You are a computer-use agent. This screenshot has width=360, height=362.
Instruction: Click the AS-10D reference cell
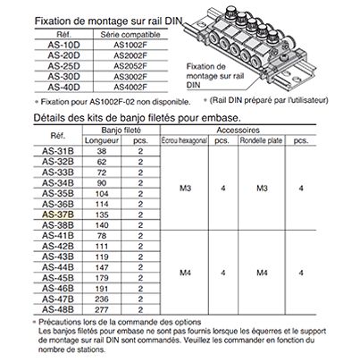coord(63,45)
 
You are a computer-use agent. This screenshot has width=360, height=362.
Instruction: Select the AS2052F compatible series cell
coord(130,66)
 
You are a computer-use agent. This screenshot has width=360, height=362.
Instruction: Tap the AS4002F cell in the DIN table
coord(130,87)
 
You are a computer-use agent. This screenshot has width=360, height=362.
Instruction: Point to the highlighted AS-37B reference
coord(58,215)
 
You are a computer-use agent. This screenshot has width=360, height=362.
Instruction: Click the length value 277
coord(102,310)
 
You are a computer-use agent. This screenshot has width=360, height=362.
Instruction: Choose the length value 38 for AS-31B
coord(102,151)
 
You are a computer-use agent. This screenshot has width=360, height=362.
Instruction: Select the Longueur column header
coord(102,140)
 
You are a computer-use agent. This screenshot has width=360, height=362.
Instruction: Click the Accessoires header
coord(238,130)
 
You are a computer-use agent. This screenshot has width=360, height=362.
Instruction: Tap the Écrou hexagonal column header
coord(184,140)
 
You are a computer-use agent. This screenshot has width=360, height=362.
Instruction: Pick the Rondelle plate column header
coord(261,140)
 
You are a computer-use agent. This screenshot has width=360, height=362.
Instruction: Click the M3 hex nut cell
coord(185,188)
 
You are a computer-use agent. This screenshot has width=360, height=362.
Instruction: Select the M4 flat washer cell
coord(262,273)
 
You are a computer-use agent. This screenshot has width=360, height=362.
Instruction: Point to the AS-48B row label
coord(58,309)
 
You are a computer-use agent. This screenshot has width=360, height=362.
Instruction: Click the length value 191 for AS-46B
coord(102,289)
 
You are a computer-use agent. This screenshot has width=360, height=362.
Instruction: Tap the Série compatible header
coord(130,35)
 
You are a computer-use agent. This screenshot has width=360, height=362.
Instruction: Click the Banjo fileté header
coord(121,130)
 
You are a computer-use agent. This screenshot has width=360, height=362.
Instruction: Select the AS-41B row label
coord(58,236)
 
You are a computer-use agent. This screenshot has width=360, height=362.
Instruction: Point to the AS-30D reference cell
coord(63,77)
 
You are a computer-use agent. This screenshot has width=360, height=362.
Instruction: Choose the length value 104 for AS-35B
coord(102,194)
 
